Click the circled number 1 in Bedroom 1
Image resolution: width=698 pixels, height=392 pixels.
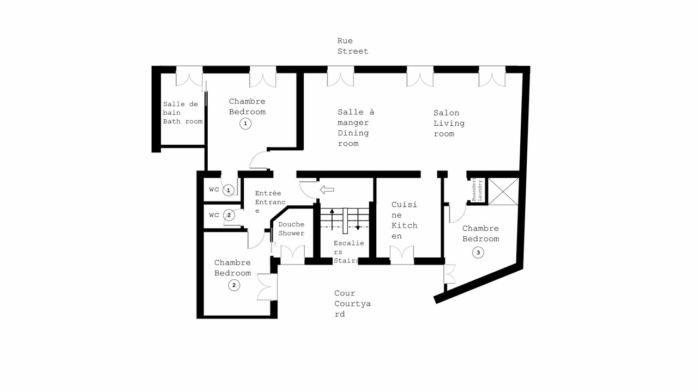click(245, 124)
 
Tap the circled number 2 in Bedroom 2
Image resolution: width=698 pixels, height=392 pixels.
click(234, 285)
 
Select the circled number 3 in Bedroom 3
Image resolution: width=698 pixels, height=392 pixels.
click(478, 252)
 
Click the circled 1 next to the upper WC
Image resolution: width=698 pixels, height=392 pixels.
click(228, 190)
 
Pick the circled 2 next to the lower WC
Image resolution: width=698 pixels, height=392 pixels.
click(229, 215)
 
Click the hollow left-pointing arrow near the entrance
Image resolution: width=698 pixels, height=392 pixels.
click(327, 189)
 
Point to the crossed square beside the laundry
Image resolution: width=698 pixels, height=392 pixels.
click(503, 192)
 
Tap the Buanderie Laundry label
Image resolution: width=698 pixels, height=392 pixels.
click(477, 189)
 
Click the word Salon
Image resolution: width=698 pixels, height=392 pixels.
click(446, 113)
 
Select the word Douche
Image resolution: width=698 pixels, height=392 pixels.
click(291, 224)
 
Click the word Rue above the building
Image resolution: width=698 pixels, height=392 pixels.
click(345, 41)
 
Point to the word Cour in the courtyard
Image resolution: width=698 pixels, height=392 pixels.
click(345, 293)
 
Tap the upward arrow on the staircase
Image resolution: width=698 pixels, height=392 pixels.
click(332, 219)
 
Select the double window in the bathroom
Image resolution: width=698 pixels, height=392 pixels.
click(189, 76)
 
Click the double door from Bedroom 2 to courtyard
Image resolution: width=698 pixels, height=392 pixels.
click(267, 287)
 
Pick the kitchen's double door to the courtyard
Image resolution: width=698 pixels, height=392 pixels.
click(402, 255)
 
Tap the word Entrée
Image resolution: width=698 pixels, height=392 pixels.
click(268, 193)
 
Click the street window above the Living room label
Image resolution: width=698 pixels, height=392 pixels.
click(420, 76)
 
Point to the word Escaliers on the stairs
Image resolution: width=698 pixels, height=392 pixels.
click(348, 247)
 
